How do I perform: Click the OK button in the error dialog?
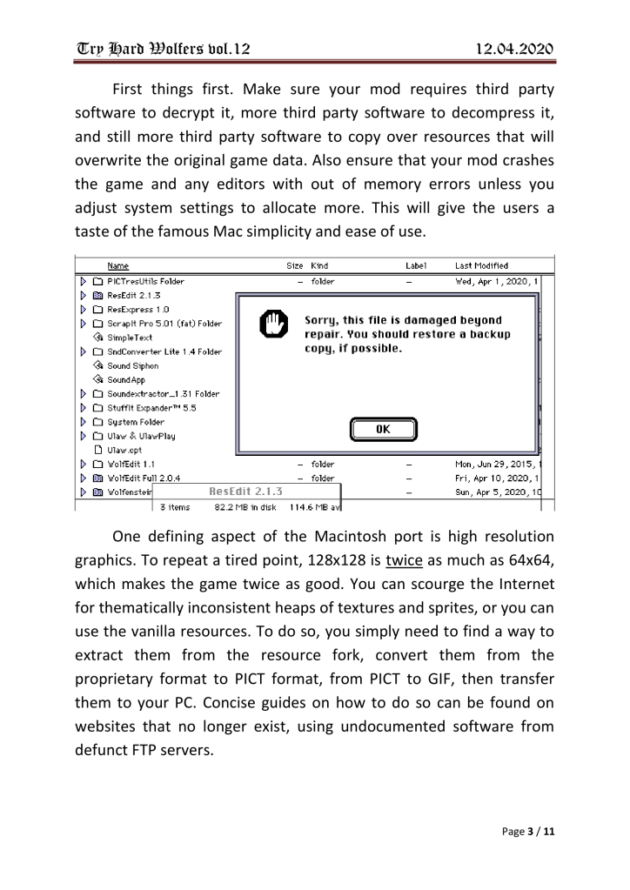[x=383, y=429]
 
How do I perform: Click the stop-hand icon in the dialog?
[x=271, y=328]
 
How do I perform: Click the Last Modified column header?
[x=482, y=265]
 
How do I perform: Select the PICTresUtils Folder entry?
[x=145, y=281]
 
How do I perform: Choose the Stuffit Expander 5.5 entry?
[x=151, y=407]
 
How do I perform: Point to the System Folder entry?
[x=135, y=421]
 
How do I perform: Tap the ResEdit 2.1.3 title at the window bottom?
[x=247, y=491]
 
